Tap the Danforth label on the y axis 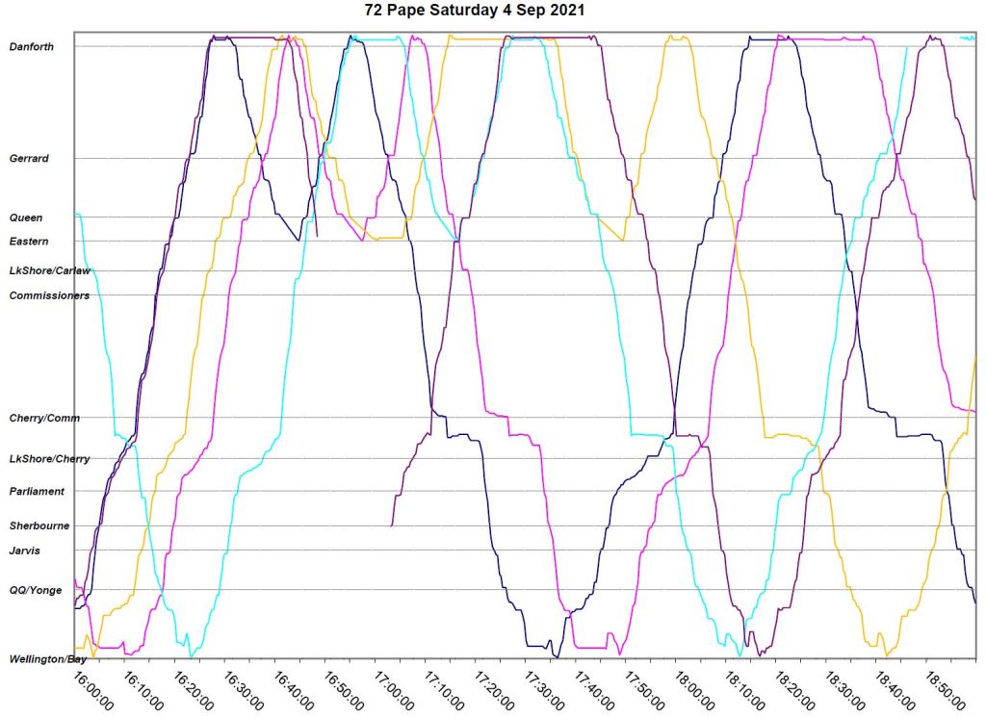pyautogui.click(x=32, y=46)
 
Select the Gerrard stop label pyautogui.click(x=29, y=158)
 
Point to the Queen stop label pyautogui.click(x=26, y=218)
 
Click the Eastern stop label pyautogui.click(x=29, y=242)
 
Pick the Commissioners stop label pyautogui.click(x=49, y=295)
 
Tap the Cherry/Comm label pyautogui.click(x=44, y=418)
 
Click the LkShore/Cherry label pyautogui.click(x=49, y=459)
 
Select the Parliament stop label pyautogui.click(x=37, y=492)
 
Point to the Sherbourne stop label pyautogui.click(x=39, y=526)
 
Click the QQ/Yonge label pyautogui.click(x=35, y=590)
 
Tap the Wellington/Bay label pyautogui.click(x=48, y=659)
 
